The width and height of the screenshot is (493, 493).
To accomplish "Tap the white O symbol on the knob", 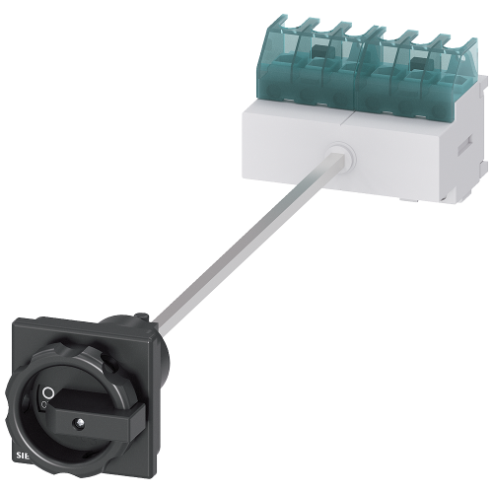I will (x=46, y=393).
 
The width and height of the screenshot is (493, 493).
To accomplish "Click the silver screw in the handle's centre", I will (x=74, y=426).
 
